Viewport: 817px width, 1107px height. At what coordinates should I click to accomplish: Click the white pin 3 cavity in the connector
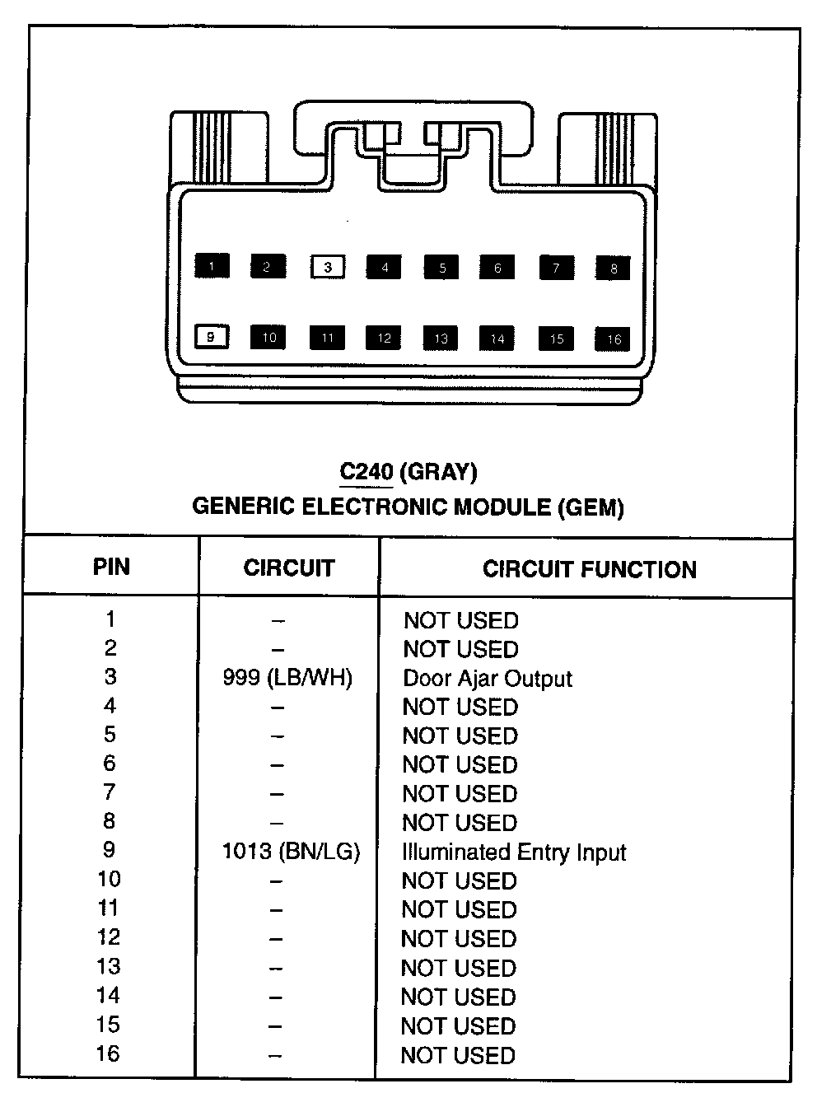(328, 267)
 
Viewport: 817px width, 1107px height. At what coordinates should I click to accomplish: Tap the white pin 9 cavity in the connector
(212, 337)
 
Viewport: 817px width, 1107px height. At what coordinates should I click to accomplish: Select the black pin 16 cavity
(614, 339)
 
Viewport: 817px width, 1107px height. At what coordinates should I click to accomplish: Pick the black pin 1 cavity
(212, 266)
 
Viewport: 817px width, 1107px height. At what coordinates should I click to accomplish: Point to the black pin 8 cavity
(614, 269)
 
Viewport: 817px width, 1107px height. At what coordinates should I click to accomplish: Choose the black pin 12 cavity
(385, 338)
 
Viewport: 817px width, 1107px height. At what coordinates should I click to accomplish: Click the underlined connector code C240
(366, 472)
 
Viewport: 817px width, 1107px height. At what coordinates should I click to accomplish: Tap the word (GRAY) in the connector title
(438, 472)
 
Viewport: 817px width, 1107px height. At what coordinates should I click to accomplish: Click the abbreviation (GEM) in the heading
(591, 507)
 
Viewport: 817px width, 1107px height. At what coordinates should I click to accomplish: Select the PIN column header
(111, 567)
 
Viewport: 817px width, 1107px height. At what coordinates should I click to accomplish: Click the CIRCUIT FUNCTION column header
(589, 569)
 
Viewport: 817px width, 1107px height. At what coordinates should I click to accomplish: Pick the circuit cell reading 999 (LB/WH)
(287, 678)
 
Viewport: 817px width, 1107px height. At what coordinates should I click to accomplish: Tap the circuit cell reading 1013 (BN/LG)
(291, 851)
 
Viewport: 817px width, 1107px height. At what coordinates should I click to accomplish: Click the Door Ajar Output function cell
(487, 679)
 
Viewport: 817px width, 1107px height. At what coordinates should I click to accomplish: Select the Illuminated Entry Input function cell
(514, 852)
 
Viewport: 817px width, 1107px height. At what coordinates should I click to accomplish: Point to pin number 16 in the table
(108, 1053)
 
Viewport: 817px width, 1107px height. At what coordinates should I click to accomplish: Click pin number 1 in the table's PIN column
(110, 619)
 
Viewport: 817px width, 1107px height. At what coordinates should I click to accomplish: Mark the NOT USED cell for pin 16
(458, 1055)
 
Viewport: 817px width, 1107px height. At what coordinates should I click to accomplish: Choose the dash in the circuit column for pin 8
(277, 823)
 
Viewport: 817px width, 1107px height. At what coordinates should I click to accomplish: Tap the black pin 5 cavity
(442, 268)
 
